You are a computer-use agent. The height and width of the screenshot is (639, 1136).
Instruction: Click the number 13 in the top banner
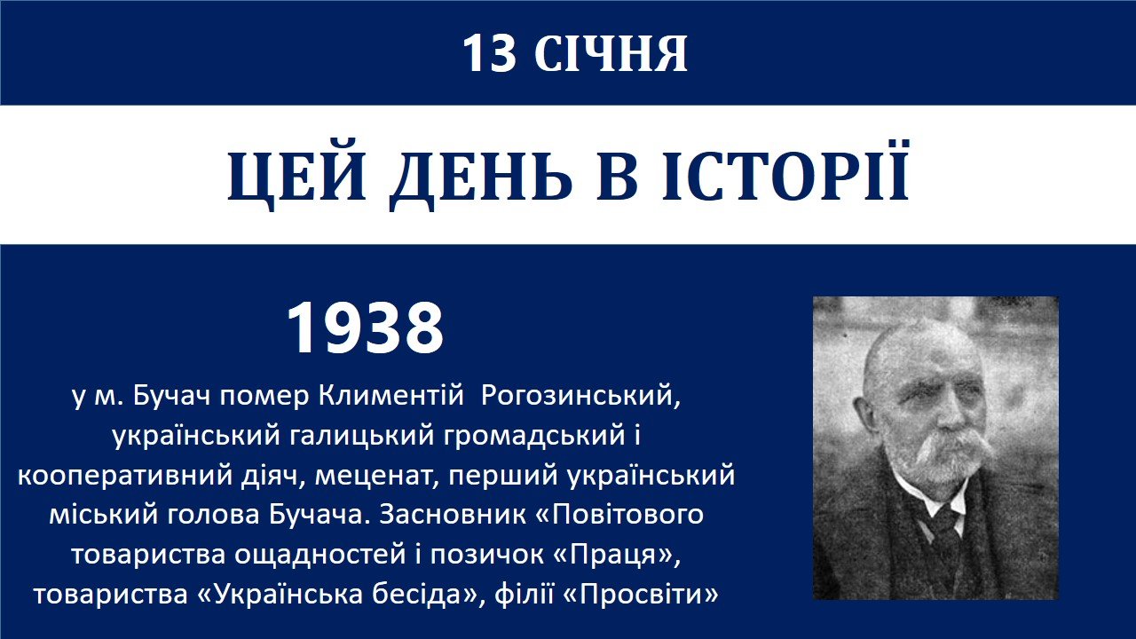489,54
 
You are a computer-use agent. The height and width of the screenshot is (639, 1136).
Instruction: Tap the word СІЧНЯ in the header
611,54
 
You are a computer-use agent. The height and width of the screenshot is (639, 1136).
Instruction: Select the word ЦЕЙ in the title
296,176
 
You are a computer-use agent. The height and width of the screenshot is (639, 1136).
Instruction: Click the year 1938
365,327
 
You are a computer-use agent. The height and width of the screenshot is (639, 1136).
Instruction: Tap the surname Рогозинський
580,397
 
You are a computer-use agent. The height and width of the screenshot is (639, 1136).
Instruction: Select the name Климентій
391,396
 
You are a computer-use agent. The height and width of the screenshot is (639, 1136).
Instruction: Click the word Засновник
453,516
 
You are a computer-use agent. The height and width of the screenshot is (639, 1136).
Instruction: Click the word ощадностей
319,556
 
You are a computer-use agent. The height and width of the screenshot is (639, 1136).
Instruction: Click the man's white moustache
953,450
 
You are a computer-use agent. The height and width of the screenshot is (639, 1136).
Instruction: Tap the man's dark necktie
944,532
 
